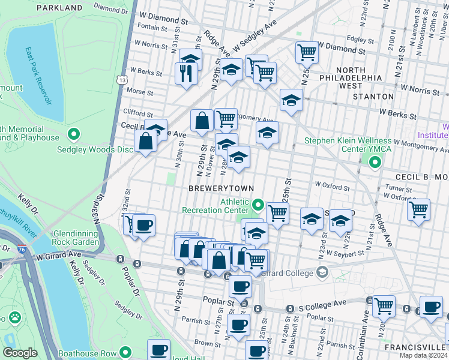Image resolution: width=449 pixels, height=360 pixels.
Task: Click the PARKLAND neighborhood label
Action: click(x=59, y=8)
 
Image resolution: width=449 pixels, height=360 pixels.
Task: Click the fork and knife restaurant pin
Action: click(x=186, y=73)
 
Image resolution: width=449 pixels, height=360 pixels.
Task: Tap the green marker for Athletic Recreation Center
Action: click(x=258, y=206)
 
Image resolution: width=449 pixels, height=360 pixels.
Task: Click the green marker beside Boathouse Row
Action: click(x=125, y=353)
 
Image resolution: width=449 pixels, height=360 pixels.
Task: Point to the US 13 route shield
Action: click(x=122, y=79)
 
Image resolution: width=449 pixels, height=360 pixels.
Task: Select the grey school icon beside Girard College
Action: click(x=322, y=273)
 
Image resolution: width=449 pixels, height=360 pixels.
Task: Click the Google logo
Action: click(x=20, y=353)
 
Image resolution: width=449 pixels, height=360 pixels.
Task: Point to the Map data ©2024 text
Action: click(x=423, y=355)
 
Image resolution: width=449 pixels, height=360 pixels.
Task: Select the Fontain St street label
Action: click(x=155, y=27)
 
